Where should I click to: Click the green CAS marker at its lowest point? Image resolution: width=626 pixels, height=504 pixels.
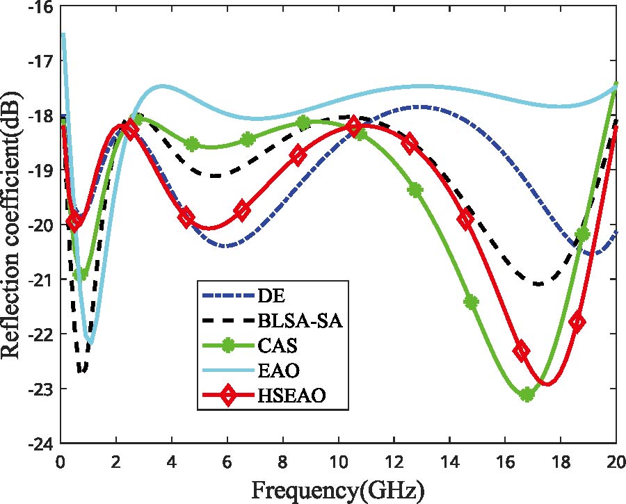527,394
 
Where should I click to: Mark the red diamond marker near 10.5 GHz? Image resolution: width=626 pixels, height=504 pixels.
353,127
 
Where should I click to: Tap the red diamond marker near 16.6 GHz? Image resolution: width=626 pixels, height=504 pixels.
521,350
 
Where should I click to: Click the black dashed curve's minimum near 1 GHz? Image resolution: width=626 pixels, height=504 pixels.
82,371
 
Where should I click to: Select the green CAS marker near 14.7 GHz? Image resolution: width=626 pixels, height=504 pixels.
471,302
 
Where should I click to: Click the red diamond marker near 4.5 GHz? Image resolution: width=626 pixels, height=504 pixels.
186,218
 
